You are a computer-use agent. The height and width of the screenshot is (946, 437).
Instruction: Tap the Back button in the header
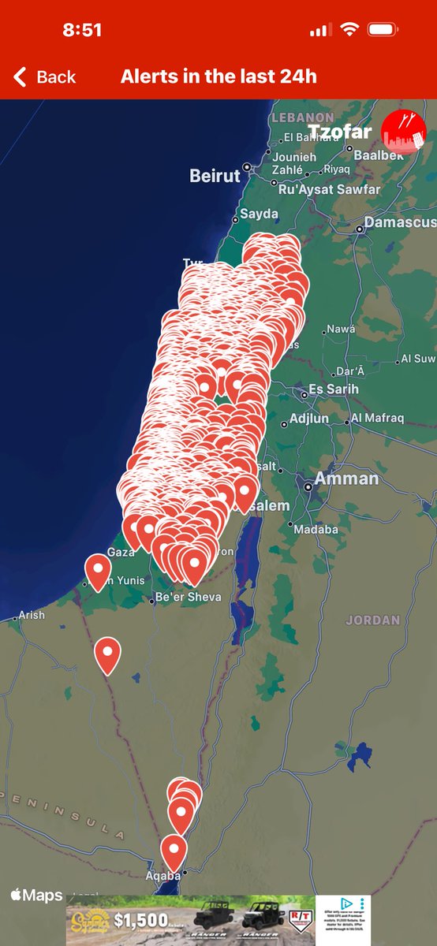point(45,76)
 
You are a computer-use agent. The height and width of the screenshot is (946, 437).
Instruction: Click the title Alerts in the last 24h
point(218,76)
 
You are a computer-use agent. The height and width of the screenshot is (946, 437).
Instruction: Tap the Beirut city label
point(215,176)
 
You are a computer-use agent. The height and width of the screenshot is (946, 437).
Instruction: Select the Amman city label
point(346,479)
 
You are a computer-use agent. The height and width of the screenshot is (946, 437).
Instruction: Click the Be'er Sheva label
point(189,597)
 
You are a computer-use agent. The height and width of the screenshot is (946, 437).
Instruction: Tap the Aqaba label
point(163,876)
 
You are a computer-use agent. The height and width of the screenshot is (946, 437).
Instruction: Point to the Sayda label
point(259,214)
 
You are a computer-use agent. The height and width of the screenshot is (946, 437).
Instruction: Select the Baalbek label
point(379,155)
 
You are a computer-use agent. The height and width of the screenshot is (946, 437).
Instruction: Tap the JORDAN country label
point(372,620)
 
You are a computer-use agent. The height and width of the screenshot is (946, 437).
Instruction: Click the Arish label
point(32,615)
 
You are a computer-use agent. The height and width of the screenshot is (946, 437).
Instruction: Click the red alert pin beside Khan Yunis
point(98,569)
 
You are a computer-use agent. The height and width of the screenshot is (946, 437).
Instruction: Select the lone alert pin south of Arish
point(107,654)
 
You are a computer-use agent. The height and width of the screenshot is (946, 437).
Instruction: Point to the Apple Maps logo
point(36,896)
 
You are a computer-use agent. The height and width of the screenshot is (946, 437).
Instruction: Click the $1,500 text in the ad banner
point(140,919)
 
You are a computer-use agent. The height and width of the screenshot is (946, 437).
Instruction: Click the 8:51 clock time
point(82,30)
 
